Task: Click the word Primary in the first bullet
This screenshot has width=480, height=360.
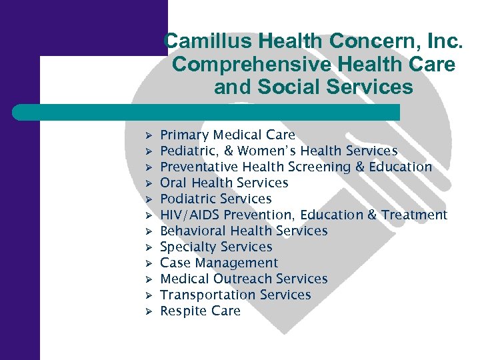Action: click(184, 135)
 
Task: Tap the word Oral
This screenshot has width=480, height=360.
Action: click(172, 183)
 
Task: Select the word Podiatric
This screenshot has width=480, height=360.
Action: click(189, 199)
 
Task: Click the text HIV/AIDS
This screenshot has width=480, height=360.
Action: click(191, 215)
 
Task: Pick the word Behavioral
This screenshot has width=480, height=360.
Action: click(193, 231)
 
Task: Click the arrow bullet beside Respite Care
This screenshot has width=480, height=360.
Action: click(149, 311)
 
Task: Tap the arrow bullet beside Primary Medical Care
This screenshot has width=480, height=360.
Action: click(149, 136)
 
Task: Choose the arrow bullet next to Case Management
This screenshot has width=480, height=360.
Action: click(149, 263)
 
